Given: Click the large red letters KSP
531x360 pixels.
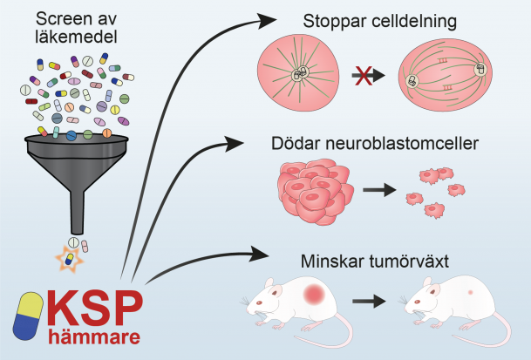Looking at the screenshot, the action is pyautogui.click(x=95, y=309).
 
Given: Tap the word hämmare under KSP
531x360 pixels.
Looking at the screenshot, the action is pyautogui.click(x=94, y=336).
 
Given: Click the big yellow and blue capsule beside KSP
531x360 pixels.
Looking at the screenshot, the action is pyautogui.click(x=28, y=316).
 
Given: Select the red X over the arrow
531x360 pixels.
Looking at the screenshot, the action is pyautogui.click(x=364, y=76).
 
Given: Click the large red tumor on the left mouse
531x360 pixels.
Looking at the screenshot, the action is pyautogui.click(x=314, y=294).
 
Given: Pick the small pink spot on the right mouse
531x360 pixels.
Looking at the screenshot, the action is pyautogui.click(x=470, y=292).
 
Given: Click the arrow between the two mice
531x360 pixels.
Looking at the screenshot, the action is pyautogui.click(x=369, y=301).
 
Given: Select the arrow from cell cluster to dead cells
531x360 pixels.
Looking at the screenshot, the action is pyautogui.click(x=379, y=190).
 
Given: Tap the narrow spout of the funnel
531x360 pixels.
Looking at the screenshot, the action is pyautogui.click(x=78, y=213).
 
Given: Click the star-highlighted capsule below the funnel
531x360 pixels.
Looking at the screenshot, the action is pyautogui.click(x=70, y=260).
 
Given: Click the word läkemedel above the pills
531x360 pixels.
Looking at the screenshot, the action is pyautogui.click(x=76, y=37).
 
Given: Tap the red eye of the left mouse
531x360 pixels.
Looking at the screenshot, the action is pyautogui.click(x=260, y=302).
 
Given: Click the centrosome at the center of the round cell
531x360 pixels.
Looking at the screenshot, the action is pyautogui.click(x=299, y=74).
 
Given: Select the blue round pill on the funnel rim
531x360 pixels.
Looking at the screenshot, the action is pyautogui.click(x=71, y=135).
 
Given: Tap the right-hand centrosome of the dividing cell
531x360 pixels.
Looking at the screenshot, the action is pyautogui.click(x=480, y=70).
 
